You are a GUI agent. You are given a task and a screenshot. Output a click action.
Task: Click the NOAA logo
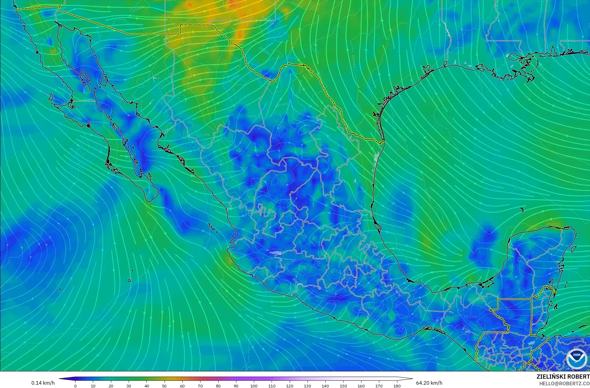coord(576,359)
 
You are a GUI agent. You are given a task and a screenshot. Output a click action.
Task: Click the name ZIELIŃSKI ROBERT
coord(563,377)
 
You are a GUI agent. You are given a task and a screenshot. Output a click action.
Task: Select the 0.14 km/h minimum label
coord(43,383)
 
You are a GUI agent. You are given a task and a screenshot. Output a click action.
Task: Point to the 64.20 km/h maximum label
coord(429,383)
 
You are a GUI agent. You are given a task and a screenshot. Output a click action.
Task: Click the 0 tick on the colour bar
coord(75,386)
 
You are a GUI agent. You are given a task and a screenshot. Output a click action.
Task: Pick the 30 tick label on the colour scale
coord(129,386)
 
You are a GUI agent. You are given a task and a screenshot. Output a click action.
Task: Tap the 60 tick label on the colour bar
coord(182,386)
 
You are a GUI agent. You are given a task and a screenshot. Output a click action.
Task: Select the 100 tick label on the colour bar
coord(254,386)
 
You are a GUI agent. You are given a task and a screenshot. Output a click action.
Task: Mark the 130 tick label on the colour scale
coord(308,386)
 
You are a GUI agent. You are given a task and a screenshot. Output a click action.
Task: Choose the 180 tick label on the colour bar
coord(397,386)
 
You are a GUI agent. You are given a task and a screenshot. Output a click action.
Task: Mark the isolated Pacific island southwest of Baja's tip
coord(129,281)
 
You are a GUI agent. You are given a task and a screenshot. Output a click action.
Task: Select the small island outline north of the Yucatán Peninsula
coord(522,210)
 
